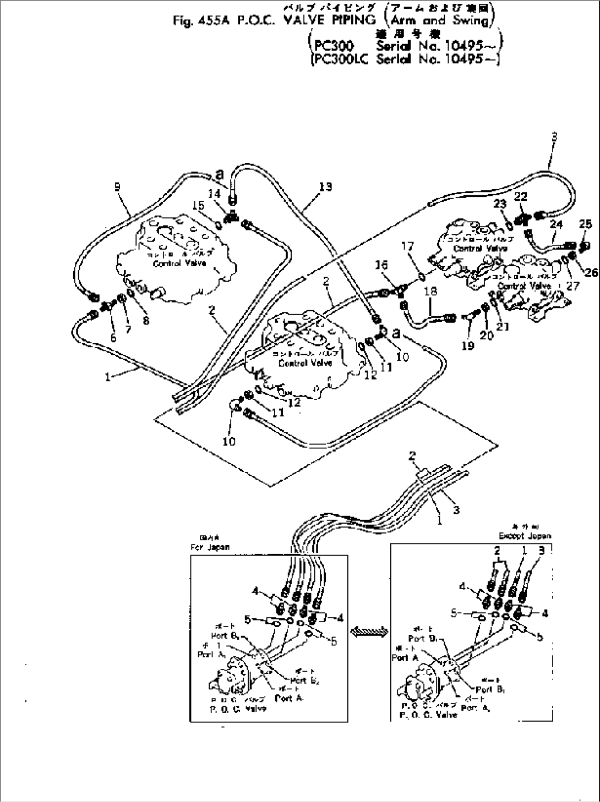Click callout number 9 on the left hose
[x=117, y=186]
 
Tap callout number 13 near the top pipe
[x=325, y=187]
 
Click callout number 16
[x=378, y=266]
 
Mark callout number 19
[x=469, y=347]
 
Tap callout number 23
[x=499, y=204]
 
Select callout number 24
[x=556, y=224]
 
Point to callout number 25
[x=585, y=224]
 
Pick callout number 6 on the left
[x=113, y=338]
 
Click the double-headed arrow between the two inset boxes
[x=368, y=633]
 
